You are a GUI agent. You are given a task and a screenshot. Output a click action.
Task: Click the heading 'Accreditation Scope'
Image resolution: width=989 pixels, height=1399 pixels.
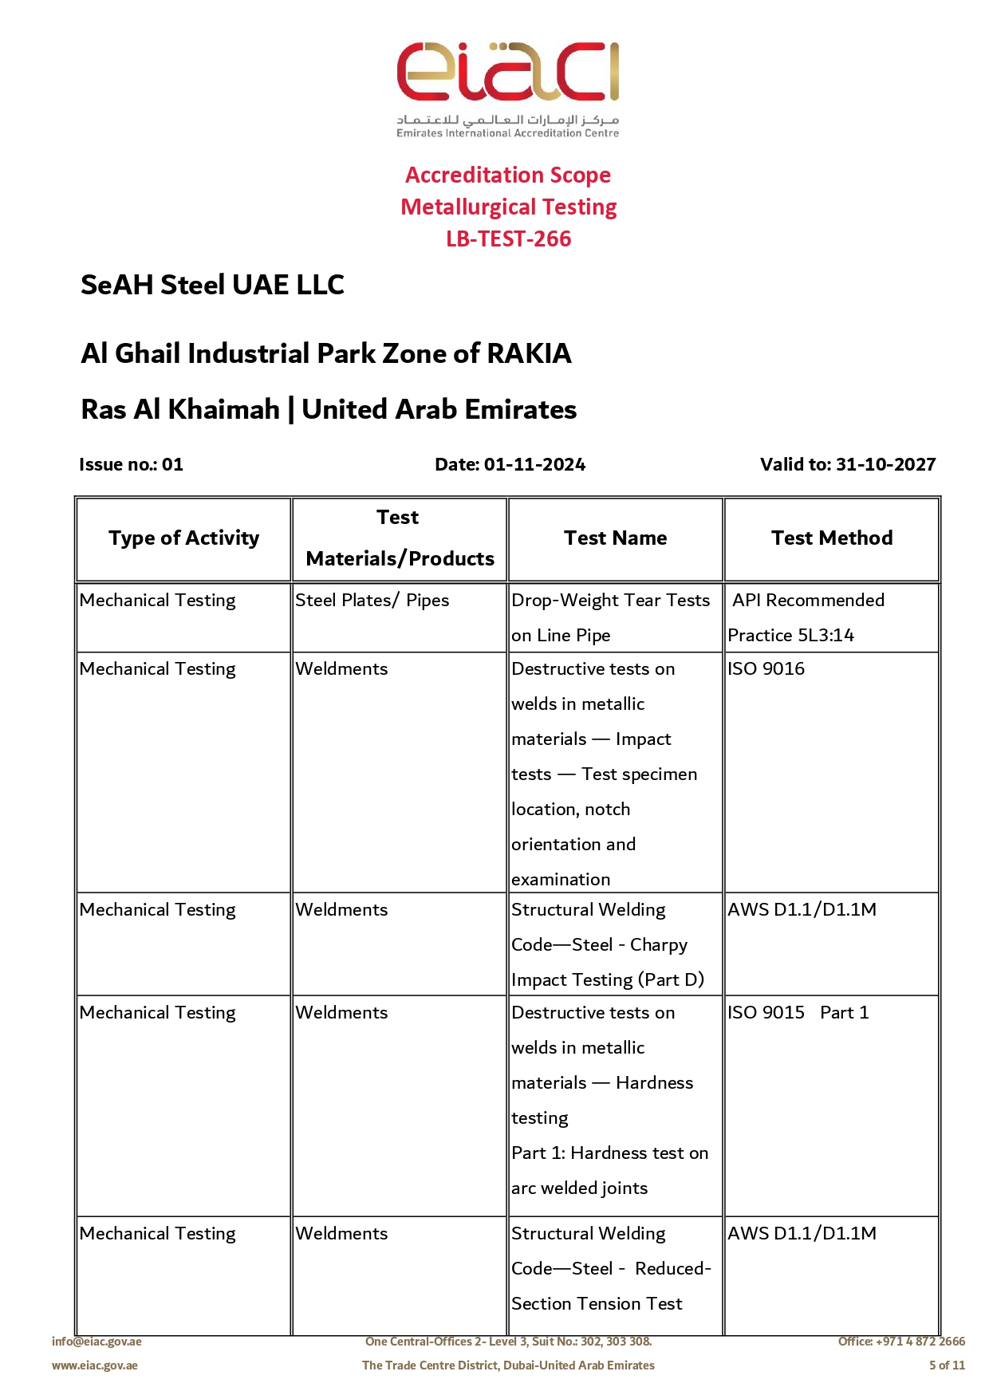(x=508, y=175)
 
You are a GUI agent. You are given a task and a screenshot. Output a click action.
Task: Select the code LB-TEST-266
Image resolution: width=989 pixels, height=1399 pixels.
(x=508, y=238)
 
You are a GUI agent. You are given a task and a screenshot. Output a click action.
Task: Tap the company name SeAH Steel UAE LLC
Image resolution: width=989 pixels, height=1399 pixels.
(x=212, y=285)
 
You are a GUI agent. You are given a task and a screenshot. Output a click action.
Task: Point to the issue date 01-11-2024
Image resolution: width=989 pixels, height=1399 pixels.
(x=534, y=464)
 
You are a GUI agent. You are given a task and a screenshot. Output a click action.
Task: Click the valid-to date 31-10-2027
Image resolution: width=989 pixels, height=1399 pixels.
(x=885, y=464)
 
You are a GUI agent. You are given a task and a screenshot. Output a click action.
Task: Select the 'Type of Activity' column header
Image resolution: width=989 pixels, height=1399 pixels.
(x=183, y=538)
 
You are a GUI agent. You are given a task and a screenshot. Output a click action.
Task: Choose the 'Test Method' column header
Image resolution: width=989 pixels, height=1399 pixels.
(x=831, y=538)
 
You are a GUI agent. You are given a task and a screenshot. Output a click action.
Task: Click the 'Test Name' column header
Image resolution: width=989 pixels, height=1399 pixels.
(x=615, y=538)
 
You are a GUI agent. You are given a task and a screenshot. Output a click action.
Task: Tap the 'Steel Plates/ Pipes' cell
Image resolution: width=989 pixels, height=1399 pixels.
(x=372, y=601)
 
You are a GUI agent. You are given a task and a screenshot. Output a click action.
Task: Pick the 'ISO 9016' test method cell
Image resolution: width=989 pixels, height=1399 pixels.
(x=766, y=669)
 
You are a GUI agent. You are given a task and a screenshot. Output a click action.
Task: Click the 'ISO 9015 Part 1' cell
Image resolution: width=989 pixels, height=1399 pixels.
(x=798, y=1013)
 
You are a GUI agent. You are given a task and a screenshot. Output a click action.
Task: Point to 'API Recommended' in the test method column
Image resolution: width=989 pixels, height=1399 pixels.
(x=808, y=601)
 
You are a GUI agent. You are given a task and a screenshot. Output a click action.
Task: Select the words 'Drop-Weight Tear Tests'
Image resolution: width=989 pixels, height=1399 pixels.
(x=610, y=601)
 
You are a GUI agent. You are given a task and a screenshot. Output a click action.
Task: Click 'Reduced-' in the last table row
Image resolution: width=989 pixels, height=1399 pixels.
(x=672, y=1269)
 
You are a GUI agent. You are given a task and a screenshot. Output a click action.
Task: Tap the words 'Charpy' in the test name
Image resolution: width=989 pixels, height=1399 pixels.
(x=658, y=945)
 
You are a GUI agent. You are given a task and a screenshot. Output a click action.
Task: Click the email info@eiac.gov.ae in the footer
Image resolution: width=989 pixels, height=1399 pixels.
(x=97, y=1342)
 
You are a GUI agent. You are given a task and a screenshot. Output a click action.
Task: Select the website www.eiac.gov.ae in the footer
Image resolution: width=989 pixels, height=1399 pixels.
(x=94, y=1366)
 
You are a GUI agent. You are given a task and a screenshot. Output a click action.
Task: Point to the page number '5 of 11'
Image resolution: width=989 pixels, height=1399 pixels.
(x=947, y=1366)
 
